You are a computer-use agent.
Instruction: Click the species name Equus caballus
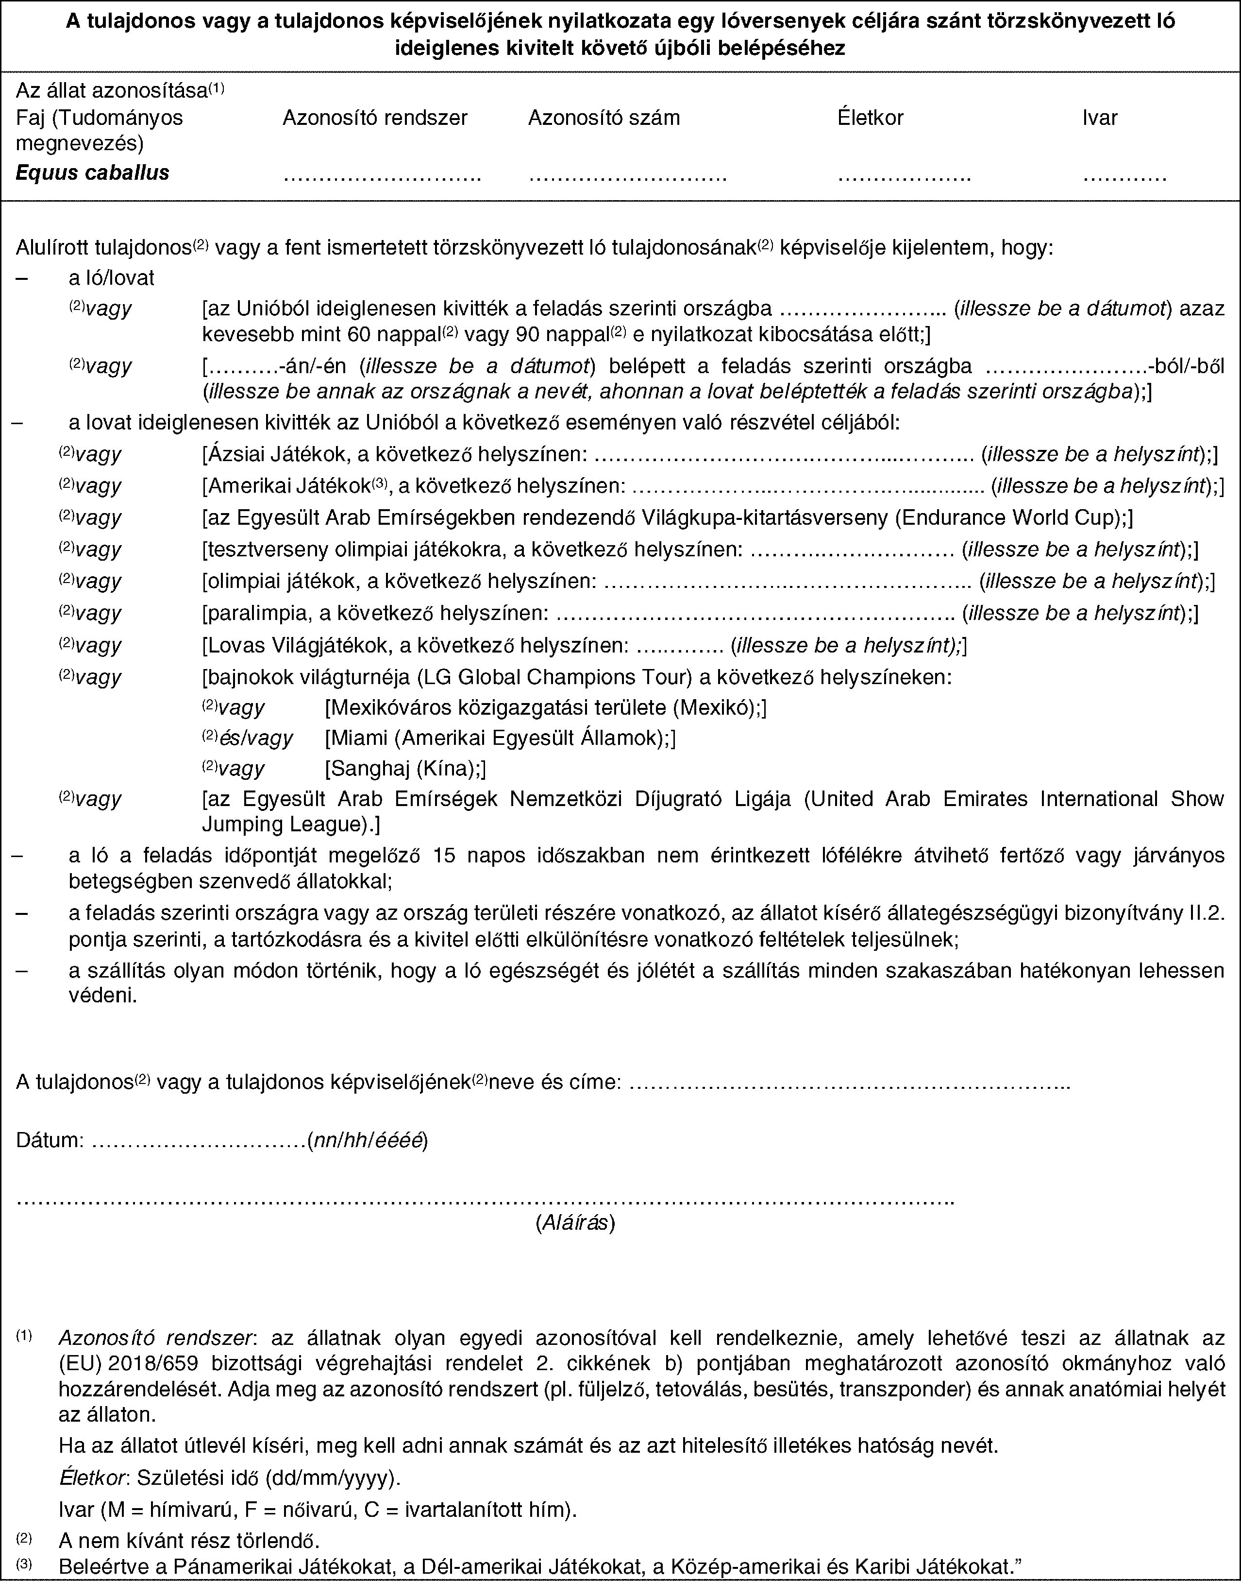tap(92, 172)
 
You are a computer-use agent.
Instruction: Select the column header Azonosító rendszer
tap(374, 118)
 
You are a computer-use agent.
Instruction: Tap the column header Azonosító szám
tap(604, 118)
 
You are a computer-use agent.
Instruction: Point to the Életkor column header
tap(871, 118)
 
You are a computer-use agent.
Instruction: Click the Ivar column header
tap(1099, 118)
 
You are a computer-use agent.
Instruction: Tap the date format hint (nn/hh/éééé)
tap(367, 1140)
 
